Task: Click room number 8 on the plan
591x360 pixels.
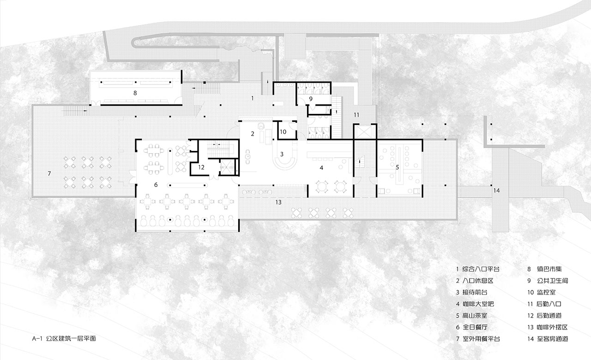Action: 135,93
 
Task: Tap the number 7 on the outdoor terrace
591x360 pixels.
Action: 49,174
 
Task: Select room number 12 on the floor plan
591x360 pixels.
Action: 201,167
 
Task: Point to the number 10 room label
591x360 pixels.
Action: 283,132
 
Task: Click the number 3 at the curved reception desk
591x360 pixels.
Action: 282,154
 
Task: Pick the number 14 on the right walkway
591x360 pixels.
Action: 496,191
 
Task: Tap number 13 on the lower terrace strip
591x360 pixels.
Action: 278,202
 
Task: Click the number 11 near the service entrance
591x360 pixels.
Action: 356,115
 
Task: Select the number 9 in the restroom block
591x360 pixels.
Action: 311,99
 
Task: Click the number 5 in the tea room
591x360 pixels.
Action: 398,167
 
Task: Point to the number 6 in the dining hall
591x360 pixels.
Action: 156,185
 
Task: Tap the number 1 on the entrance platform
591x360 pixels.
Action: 253,98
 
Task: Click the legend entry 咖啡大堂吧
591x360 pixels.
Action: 478,304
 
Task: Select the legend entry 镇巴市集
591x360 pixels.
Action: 549,269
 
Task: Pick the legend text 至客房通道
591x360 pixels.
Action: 553,339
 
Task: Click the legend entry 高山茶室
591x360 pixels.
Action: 475,315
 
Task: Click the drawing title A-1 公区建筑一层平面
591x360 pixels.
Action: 64,338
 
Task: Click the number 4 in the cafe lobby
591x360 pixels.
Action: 321,168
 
